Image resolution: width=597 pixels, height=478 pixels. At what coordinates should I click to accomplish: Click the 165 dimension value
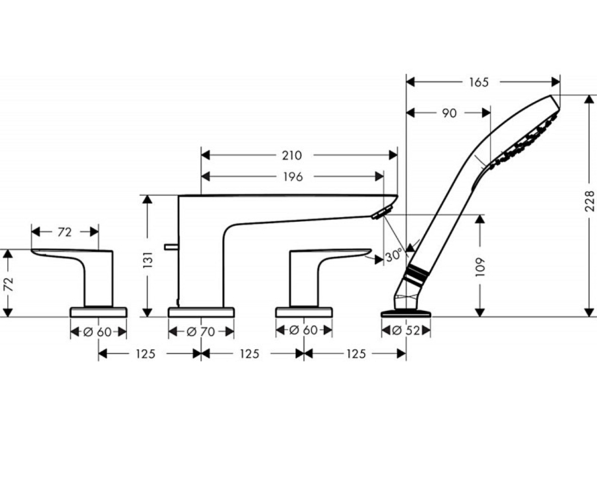point(478,82)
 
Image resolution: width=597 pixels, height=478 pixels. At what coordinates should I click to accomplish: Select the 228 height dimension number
point(589,201)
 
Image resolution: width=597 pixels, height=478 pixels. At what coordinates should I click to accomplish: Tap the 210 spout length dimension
point(292,155)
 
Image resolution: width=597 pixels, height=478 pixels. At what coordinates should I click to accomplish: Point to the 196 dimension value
point(293,177)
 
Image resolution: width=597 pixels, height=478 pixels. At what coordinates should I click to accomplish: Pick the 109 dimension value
point(480,267)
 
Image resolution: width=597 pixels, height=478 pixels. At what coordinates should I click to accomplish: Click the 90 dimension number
point(449,114)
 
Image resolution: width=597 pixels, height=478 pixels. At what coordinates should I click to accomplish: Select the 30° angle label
point(393,255)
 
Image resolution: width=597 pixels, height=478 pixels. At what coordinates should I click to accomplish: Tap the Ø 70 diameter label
point(201,332)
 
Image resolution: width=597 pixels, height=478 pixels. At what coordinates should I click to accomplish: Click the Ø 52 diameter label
point(406,331)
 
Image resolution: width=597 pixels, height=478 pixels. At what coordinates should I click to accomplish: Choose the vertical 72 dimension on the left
point(9,284)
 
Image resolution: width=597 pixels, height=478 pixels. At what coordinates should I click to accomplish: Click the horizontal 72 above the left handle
point(64,232)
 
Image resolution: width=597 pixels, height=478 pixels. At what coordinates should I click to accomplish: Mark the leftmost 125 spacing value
point(145,354)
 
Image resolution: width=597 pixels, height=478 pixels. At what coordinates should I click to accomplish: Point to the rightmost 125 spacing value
point(356,354)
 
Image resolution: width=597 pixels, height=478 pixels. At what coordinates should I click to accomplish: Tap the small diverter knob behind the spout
point(171,247)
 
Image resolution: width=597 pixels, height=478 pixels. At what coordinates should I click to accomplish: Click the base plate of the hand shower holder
point(406,313)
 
